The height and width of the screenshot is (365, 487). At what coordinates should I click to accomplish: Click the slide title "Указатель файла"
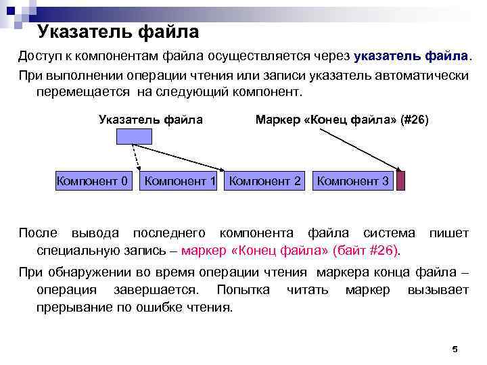pyautogui.click(x=118, y=31)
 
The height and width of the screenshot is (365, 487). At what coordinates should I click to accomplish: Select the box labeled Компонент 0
pyautogui.click(x=92, y=181)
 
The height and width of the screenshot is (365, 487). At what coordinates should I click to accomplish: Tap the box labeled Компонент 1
pyautogui.click(x=180, y=181)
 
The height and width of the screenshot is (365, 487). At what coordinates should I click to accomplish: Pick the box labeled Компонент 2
pyautogui.click(x=265, y=181)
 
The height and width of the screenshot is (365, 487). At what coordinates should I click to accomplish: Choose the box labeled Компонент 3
pyautogui.click(x=352, y=181)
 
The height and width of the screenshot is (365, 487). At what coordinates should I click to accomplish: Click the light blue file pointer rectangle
pyautogui.click(x=134, y=136)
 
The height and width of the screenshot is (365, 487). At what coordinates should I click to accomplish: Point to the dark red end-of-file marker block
pyautogui.click(x=400, y=181)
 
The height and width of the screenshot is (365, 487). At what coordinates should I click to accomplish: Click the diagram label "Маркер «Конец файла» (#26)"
pyautogui.click(x=342, y=120)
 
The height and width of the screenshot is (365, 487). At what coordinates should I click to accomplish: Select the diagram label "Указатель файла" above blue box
pyautogui.click(x=150, y=120)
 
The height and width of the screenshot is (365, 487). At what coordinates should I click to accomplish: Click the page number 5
pyautogui.click(x=455, y=349)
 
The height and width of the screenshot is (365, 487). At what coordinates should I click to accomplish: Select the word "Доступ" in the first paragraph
pyautogui.click(x=38, y=55)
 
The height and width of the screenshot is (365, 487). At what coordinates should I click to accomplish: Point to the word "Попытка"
pyautogui.click(x=243, y=290)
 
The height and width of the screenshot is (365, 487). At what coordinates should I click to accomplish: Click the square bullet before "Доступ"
pyautogui.click(x=10, y=56)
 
